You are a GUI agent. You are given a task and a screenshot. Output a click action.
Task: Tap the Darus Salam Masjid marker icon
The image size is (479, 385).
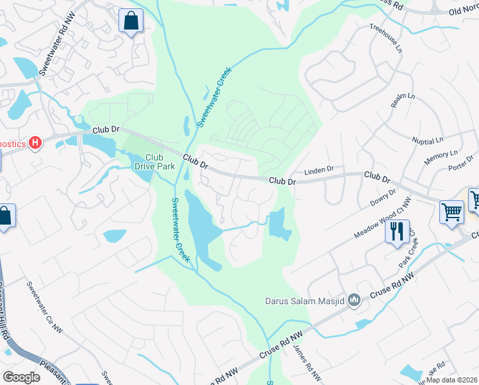353,300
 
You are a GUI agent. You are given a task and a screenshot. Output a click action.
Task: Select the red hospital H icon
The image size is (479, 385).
36,142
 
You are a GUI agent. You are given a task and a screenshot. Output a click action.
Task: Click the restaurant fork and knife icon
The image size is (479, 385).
397,231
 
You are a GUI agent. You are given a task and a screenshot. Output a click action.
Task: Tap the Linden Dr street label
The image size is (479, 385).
319,170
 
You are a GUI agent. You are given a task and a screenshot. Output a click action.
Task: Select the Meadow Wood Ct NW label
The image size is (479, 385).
377,221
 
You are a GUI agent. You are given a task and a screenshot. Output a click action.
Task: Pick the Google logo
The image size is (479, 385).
21,377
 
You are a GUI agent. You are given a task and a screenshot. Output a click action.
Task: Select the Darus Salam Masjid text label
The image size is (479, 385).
305,300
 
